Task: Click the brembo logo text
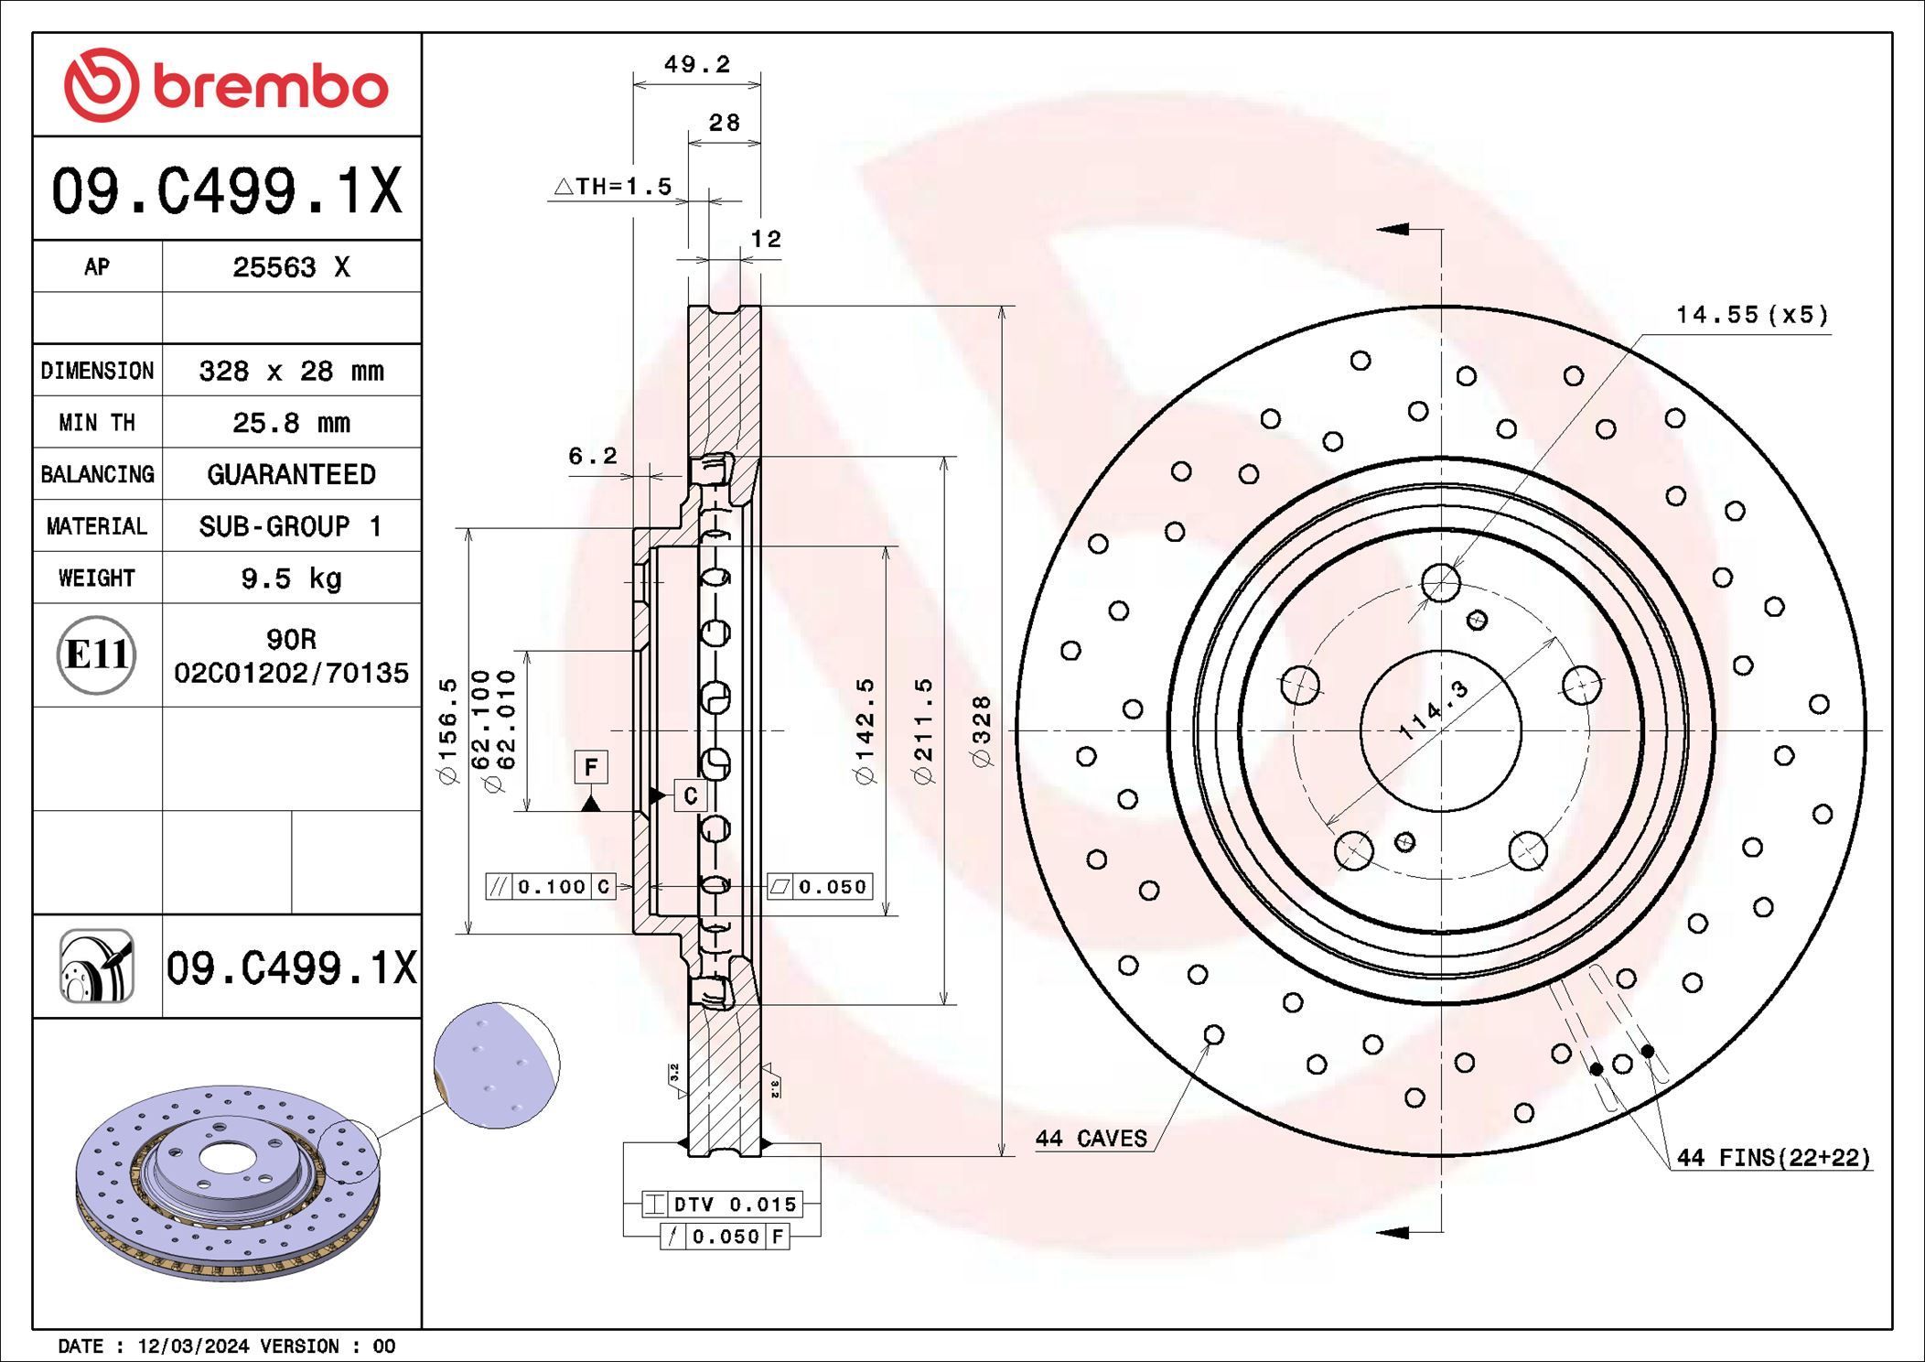click(x=270, y=88)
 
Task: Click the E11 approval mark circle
click(x=96, y=654)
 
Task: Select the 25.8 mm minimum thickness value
click(x=291, y=423)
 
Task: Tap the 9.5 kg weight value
click(x=291, y=578)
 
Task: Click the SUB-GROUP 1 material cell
click(x=291, y=526)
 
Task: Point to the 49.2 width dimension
click(x=696, y=64)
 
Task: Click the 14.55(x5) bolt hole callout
click(x=1751, y=315)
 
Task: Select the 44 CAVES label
click(x=1091, y=1139)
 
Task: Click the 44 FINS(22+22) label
click(x=1773, y=1158)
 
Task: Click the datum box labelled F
click(x=591, y=767)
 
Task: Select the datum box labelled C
click(x=691, y=795)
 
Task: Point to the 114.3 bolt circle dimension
click(x=1434, y=709)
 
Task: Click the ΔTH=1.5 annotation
click(x=613, y=187)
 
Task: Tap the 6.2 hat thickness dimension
click(x=592, y=456)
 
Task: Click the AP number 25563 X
click(x=291, y=267)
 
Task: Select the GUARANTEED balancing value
click(x=291, y=474)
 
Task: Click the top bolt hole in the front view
click(x=1441, y=583)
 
